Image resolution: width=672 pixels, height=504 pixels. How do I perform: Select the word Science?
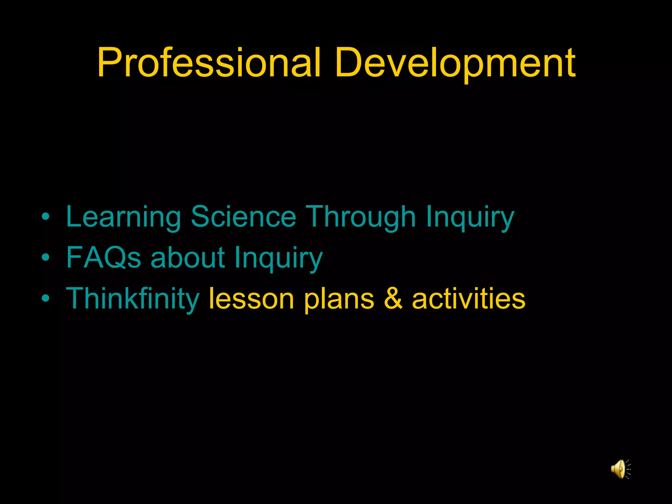tap(243, 217)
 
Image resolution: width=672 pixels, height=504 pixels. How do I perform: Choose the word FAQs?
tap(104, 258)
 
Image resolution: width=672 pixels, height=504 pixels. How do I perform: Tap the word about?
tap(188, 258)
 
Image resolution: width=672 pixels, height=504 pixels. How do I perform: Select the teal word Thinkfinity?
tap(133, 299)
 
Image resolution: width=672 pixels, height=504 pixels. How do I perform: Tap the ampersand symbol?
tap(393, 299)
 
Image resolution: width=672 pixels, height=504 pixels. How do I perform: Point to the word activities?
tap(469, 299)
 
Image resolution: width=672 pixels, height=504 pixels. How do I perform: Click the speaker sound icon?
tap(620, 469)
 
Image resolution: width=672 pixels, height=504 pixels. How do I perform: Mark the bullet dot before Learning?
tap(46, 217)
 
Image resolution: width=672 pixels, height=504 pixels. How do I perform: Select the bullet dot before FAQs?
tap(46, 257)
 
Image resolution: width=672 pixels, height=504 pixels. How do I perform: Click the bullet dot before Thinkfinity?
tap(46, 298)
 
